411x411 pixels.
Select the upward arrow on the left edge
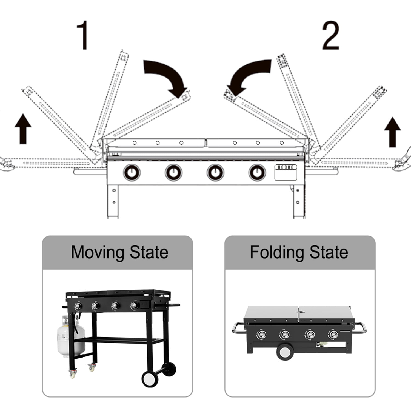[23, 129]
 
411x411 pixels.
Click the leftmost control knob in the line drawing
[132, 173]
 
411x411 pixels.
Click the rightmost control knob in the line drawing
[257, 173]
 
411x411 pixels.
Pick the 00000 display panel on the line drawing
[286, 172]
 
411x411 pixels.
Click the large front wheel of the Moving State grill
[150, 379]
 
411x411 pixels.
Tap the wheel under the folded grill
[285, 352]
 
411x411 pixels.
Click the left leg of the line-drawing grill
[113, 201]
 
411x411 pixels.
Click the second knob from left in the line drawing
[173, 173]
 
